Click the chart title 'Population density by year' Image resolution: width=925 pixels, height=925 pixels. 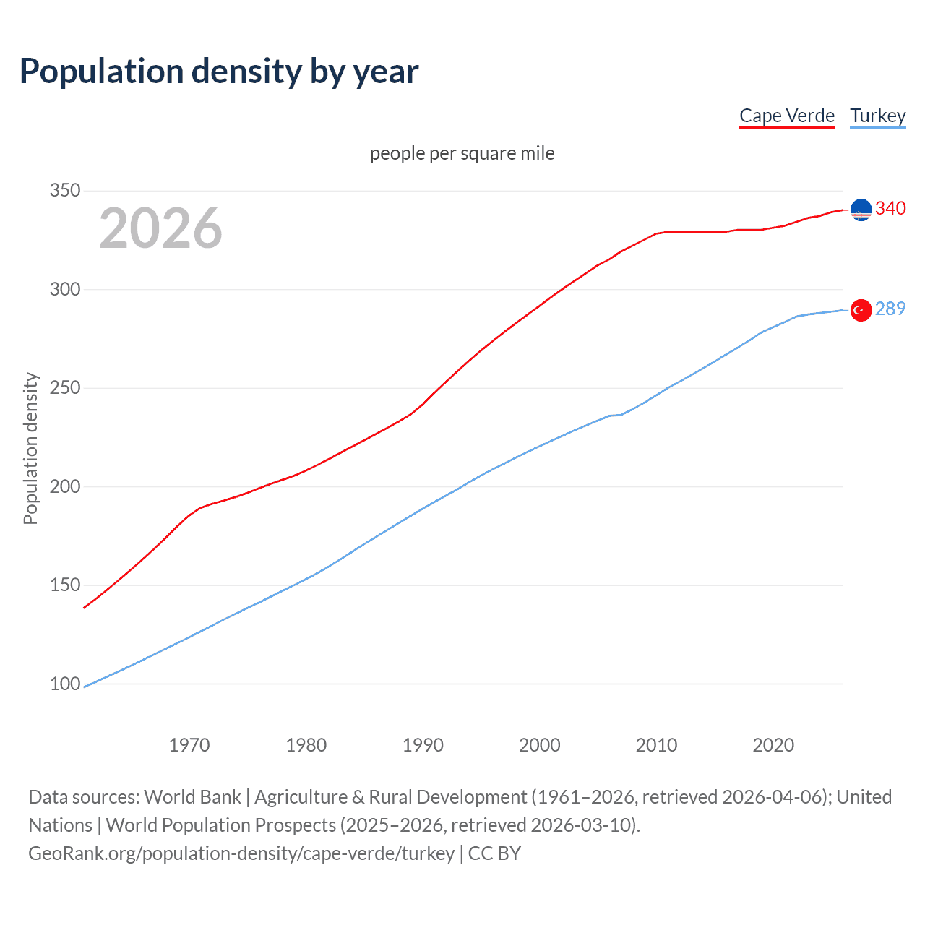[x=219, y=72]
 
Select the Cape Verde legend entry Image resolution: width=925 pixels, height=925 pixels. [x=786, y=116]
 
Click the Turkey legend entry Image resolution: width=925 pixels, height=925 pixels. [x=877, y=116]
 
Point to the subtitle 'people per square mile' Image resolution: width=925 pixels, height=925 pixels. [x=462, y=153]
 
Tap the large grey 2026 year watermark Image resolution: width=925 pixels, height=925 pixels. [x=160, y=228]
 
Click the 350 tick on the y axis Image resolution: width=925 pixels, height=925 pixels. [x=65, y=191]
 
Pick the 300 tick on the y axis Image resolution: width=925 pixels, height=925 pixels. [x=65, y=289]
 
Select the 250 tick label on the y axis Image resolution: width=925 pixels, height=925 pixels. [x=65, y=388]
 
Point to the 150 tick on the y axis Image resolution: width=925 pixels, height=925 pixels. [x=65, y=585]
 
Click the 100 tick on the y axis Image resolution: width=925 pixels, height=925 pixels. [x=65, y=684]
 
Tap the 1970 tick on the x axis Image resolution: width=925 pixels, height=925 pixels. [x=189, y=745]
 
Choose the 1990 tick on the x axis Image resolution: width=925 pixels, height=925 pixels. [x=423, y=745]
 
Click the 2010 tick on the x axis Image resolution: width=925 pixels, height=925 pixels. [x=656, y=745]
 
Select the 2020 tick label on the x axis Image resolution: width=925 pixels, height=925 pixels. [x=773, y=745]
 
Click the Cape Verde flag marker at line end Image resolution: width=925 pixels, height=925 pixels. [x=861, y=210]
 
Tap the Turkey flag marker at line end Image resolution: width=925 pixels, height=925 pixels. [x=861, y=310]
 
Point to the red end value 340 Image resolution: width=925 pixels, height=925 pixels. [x=890, y=209]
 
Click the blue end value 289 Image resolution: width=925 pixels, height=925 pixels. [x=890, y=309]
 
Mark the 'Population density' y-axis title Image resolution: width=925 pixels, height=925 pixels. [x=30, y=448]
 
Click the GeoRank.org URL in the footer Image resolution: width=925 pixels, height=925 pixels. [x=241, y=853]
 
